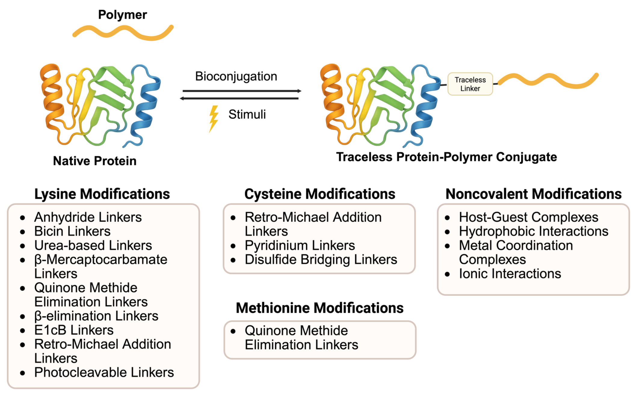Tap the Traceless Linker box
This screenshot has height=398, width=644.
coord(470,84)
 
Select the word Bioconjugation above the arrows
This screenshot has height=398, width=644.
coord(236,76)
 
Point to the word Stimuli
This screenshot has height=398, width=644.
coord(247,114)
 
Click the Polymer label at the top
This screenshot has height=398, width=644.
coord(122,15)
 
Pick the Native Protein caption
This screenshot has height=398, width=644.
coord(94,161)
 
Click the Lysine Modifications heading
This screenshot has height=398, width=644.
coord(102,194)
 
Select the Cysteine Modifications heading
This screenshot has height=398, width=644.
coord(319,194)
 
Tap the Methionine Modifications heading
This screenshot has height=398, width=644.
coord(319,308)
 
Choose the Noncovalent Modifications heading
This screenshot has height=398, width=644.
coord(533,194)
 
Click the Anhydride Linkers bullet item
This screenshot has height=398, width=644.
coord(88,217)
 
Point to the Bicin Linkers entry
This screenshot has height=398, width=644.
coord(72,231)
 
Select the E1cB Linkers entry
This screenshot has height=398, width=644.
coord(74,330)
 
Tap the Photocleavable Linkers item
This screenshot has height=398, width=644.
coord(104,372)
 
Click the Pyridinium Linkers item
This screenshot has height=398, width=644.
coord(300,245)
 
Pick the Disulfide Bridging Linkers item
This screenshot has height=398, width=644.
coord(321,260)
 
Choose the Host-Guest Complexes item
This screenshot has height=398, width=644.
coord(528,217)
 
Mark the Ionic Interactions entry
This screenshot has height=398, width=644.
coord(510,274)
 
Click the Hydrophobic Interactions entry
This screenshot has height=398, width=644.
coord(533,231)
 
